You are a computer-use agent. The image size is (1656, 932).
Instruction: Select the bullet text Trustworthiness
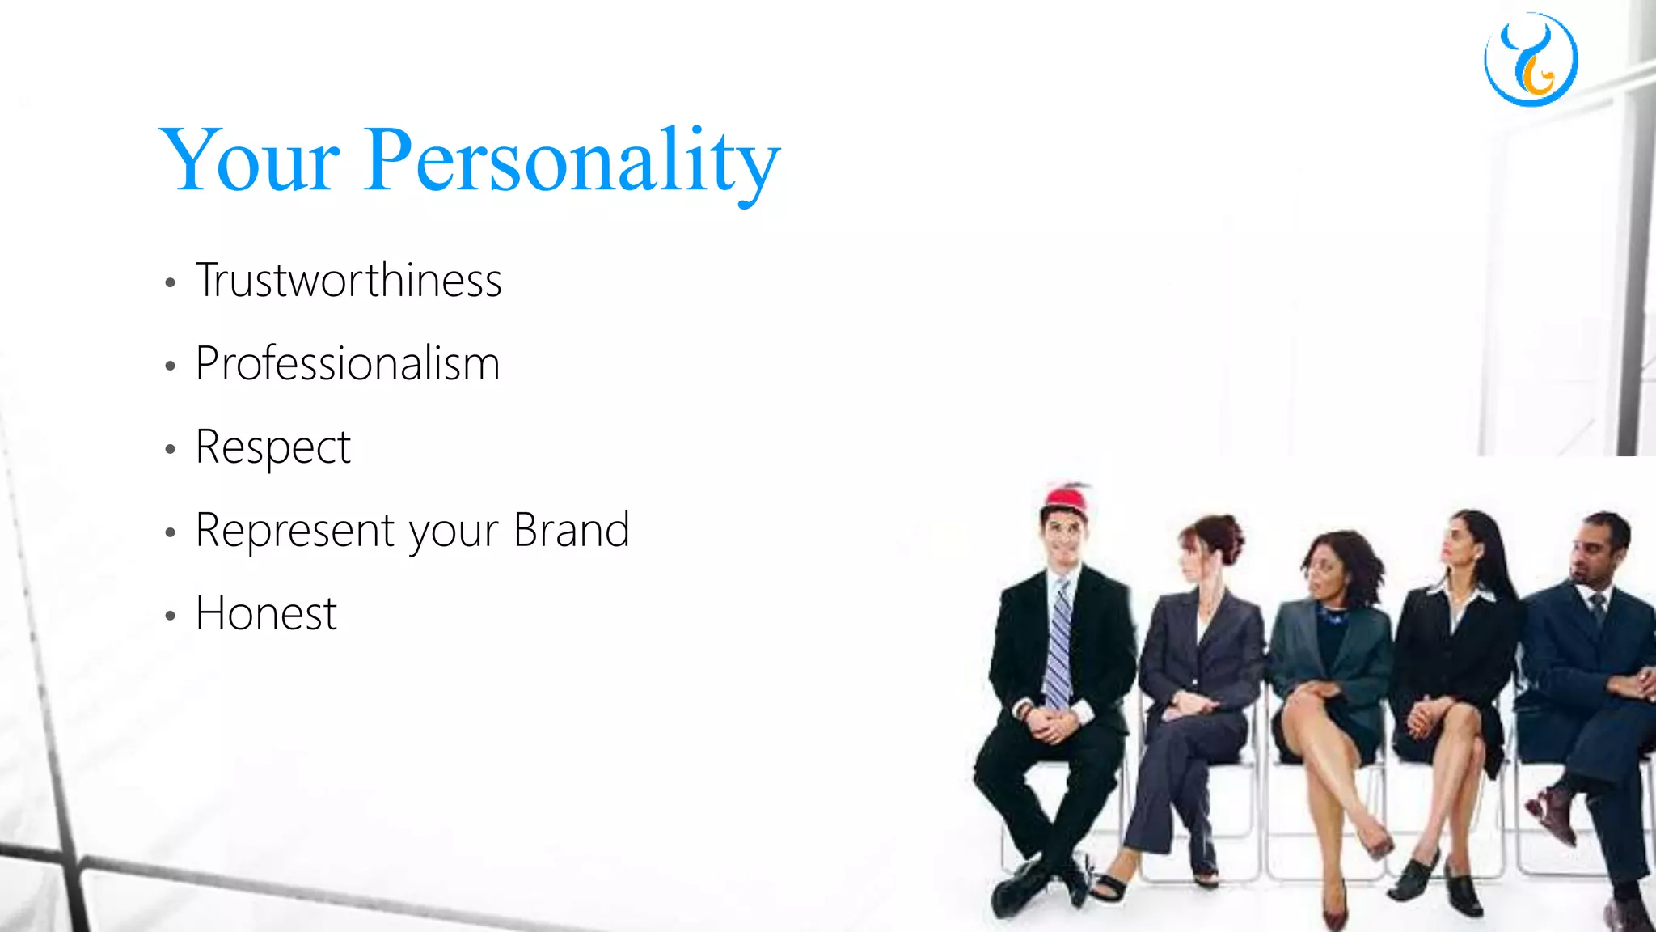pyautogui.click(x=349, y=281)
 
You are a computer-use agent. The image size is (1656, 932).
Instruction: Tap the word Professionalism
pyautogui.click(x=348, y=363)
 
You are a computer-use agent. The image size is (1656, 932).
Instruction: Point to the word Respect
pyautogui.click(x=273, y=447)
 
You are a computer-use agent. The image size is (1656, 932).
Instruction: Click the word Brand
pyautogui.click(x=571, y=531)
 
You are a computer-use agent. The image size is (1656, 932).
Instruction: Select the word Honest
pyautogui.click(x=266, y=614)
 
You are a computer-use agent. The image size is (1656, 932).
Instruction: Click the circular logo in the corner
pyautogui.click(x=1531, y=60)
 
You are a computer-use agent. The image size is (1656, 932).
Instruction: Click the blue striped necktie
pyautogui.click(x=1058, y=647)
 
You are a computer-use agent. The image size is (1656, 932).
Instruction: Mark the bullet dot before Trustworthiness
pyautogui.click(x=170, y=283)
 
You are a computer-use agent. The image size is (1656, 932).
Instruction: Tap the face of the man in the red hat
pyautogui.click(x=1062, y=537)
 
